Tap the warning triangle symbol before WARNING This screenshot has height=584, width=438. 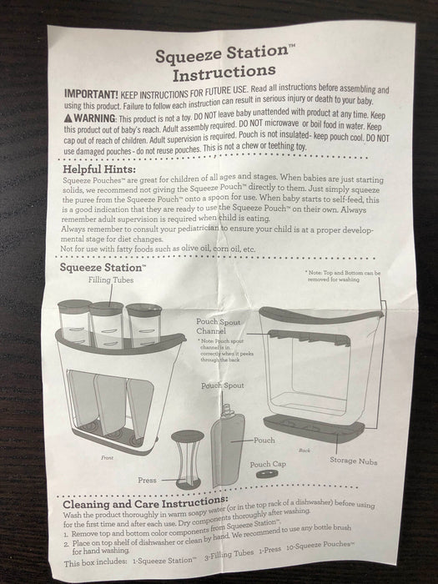69,118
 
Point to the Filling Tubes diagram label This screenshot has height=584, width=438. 111,280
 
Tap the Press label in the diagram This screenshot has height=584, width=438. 147,480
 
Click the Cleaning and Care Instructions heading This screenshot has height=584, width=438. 147,504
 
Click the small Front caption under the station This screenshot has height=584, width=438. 108,457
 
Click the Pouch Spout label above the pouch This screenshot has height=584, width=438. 223,385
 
